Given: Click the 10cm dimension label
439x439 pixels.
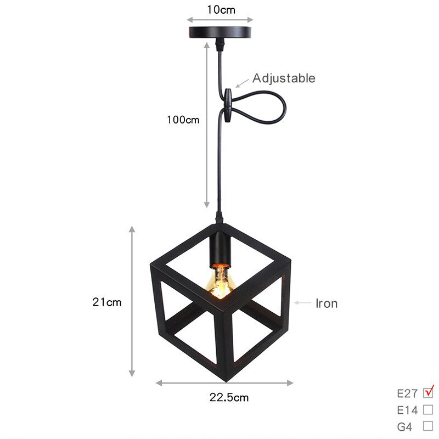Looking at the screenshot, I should (220, 9).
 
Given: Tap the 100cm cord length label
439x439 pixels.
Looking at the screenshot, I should (183, 119).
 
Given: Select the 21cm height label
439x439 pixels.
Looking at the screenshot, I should (107, 302).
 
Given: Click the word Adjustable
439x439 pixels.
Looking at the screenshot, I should (284, 78).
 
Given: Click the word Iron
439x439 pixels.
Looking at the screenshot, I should (327, 303).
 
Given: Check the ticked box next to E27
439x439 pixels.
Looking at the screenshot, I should (429, 392).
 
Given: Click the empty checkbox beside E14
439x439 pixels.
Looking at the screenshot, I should (429, 409).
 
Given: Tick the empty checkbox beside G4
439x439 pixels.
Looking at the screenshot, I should (429, 426).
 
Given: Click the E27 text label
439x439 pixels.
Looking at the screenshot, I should (407, 393).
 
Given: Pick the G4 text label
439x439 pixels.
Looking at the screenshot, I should (404, 426).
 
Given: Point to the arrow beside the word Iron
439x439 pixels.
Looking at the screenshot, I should (303, 302).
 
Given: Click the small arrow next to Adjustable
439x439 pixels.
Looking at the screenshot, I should (241, 83).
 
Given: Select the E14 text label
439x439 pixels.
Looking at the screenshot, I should (407, 410).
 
